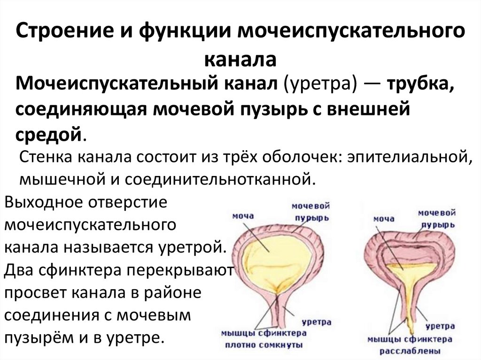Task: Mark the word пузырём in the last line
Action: pyautogui.click(x=35, y=337)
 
